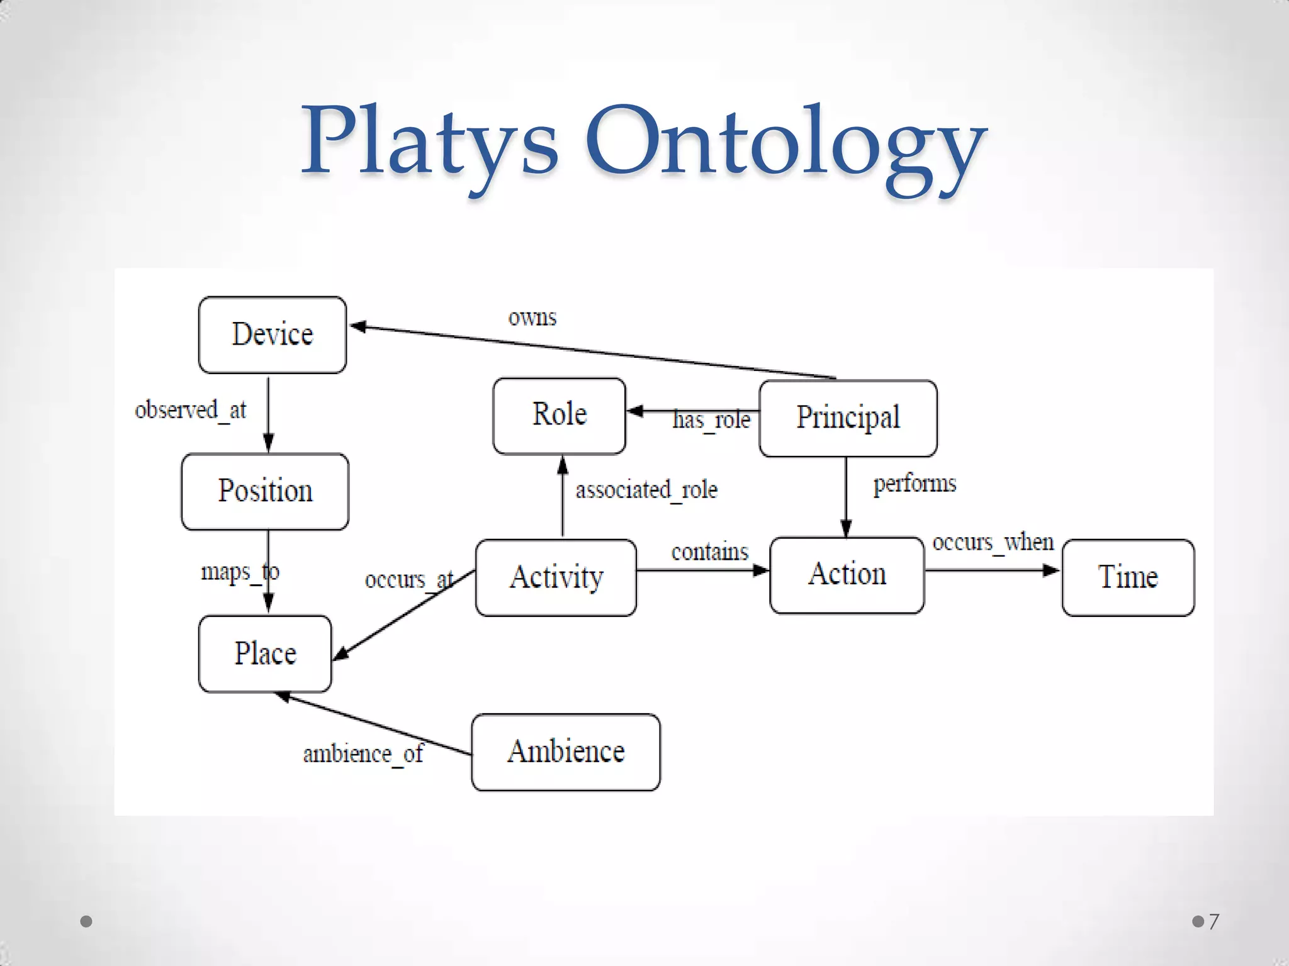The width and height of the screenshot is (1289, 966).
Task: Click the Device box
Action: [x=273, y=335]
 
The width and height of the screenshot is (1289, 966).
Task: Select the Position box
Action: [x=265, y=491]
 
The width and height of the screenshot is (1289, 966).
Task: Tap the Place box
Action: [x=265, y=653]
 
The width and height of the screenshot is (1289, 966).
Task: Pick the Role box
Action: [x=560, y=415]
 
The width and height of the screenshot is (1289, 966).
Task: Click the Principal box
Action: [x=848, y=418]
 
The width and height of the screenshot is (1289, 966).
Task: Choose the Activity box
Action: [x=556, y=577]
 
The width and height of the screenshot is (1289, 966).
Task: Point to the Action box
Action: [x=847, y=575]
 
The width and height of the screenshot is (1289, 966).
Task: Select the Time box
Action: [x=1128, y=577]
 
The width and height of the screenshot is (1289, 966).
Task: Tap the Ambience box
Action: [x=566, y=752]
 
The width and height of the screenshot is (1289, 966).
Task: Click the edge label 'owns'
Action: [x=532, y=318]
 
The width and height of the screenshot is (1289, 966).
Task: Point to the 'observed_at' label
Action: [x=191, y=410]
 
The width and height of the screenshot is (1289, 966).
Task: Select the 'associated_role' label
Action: [x=646, y=490]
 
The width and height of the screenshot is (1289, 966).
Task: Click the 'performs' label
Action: [x=915, y=484]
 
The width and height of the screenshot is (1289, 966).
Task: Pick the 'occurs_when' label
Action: [x=993, y=542]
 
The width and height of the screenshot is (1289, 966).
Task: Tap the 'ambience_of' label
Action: [x=363, y=753]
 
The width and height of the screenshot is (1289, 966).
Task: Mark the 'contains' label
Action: [x=709, y=552]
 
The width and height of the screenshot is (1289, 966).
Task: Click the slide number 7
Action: [x=1213, y=921]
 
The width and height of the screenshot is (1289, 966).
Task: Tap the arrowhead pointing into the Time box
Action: [x=1052, y=570]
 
